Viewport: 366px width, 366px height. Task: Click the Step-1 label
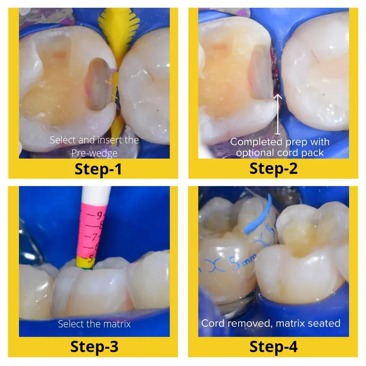(98, 169)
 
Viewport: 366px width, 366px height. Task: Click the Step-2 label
(273, 168)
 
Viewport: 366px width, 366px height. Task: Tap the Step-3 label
(94, 346)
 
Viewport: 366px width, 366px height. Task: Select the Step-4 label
(273, 346)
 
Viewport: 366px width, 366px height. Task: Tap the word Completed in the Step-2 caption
(252, 142)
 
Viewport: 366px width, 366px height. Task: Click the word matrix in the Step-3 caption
(117, 324)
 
